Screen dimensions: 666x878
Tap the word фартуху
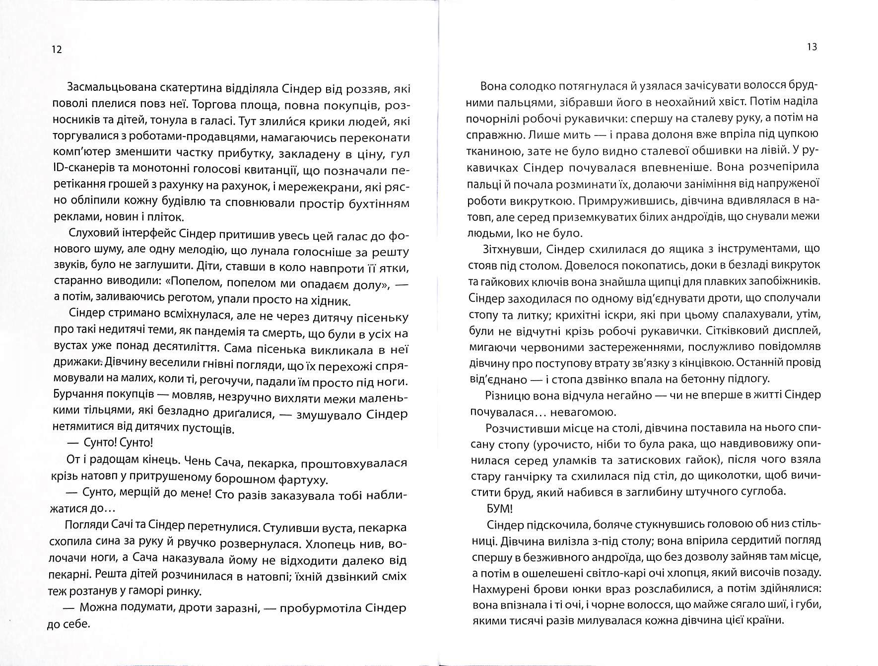coord(305,479)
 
